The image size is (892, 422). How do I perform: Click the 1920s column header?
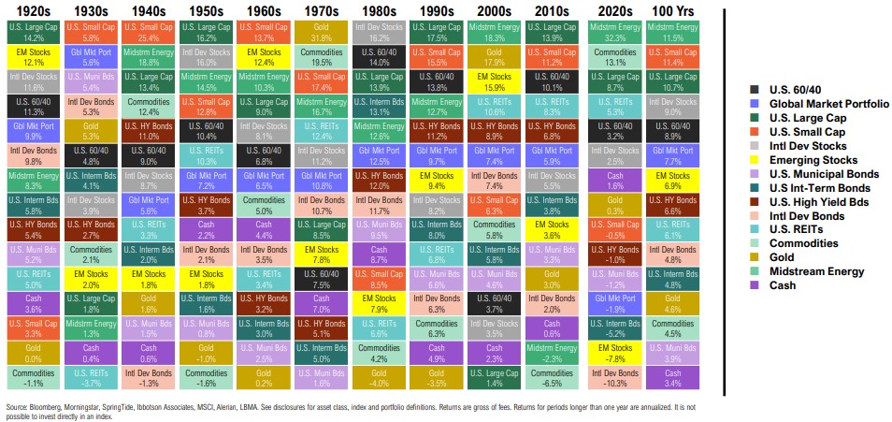click(29, 9)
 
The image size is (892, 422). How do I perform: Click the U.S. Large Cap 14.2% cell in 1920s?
click(29, 33)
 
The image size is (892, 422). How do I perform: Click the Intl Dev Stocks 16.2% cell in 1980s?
click(377, 33)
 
